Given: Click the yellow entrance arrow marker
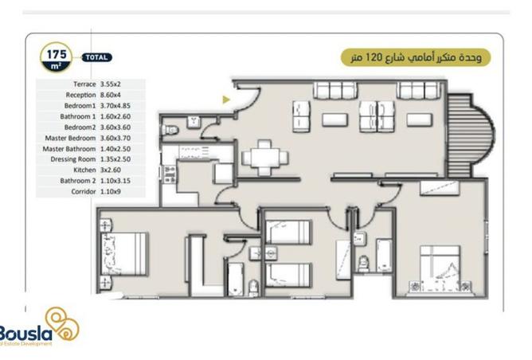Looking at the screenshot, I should click(x=227, y=100).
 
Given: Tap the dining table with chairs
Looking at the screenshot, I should click(x=262, y=157).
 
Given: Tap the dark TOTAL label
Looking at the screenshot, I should click(x=97, y=57).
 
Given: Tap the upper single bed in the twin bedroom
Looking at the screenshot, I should click(x=287, y=233).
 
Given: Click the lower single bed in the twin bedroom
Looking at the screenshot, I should click(x=287, y=273).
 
